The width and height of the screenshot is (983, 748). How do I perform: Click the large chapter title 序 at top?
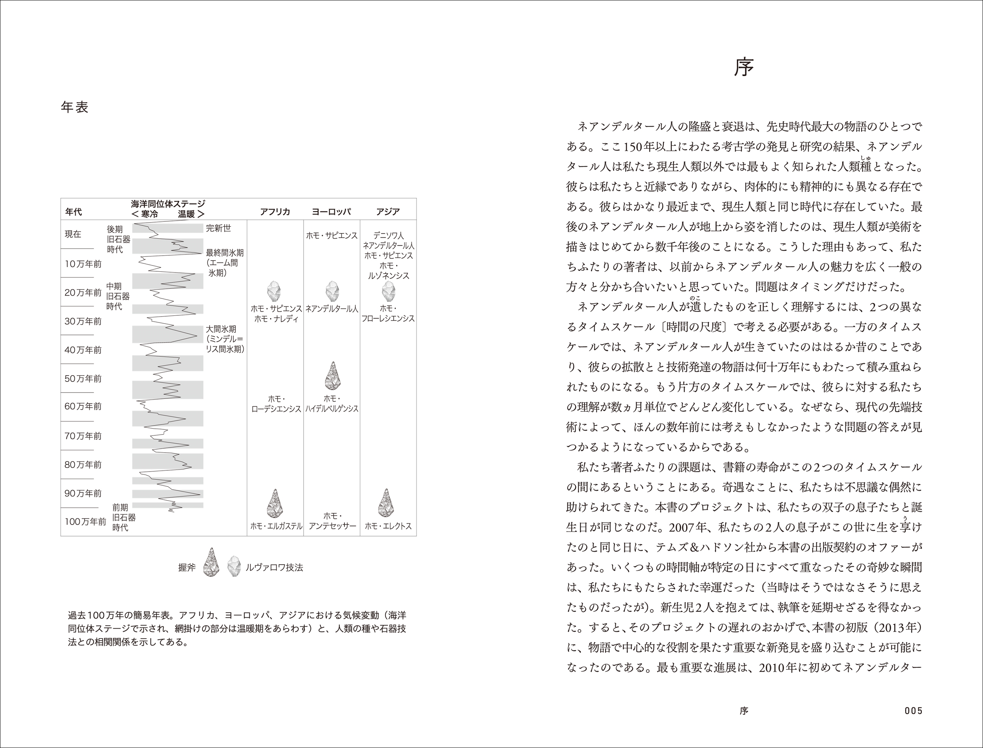[x=744, y=68]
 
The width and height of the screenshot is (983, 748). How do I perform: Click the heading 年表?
[x=75, y=107]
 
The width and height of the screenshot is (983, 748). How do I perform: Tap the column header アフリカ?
[x=275, y=212]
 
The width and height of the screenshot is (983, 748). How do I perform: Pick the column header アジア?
[x=388, y=212]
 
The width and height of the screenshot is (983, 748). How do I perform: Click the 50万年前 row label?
[x=83, y=378]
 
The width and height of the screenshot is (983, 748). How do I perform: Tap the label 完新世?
[x=218, y=228]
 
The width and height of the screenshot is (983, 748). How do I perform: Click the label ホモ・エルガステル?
[x=276, y=526]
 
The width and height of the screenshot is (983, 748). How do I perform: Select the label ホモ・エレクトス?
[x=388, y=526]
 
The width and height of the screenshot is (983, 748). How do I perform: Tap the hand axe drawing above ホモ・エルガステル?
[x=275, y=503]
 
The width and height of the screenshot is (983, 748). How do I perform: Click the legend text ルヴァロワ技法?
[x=274, y=567]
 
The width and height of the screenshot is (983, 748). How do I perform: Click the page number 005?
[x=913, y=711]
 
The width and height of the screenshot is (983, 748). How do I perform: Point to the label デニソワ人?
[x=388, y=236]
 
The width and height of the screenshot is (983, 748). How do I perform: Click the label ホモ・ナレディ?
[x=276, y=319]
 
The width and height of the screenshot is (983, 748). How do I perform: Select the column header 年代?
[x=74, y=212]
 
